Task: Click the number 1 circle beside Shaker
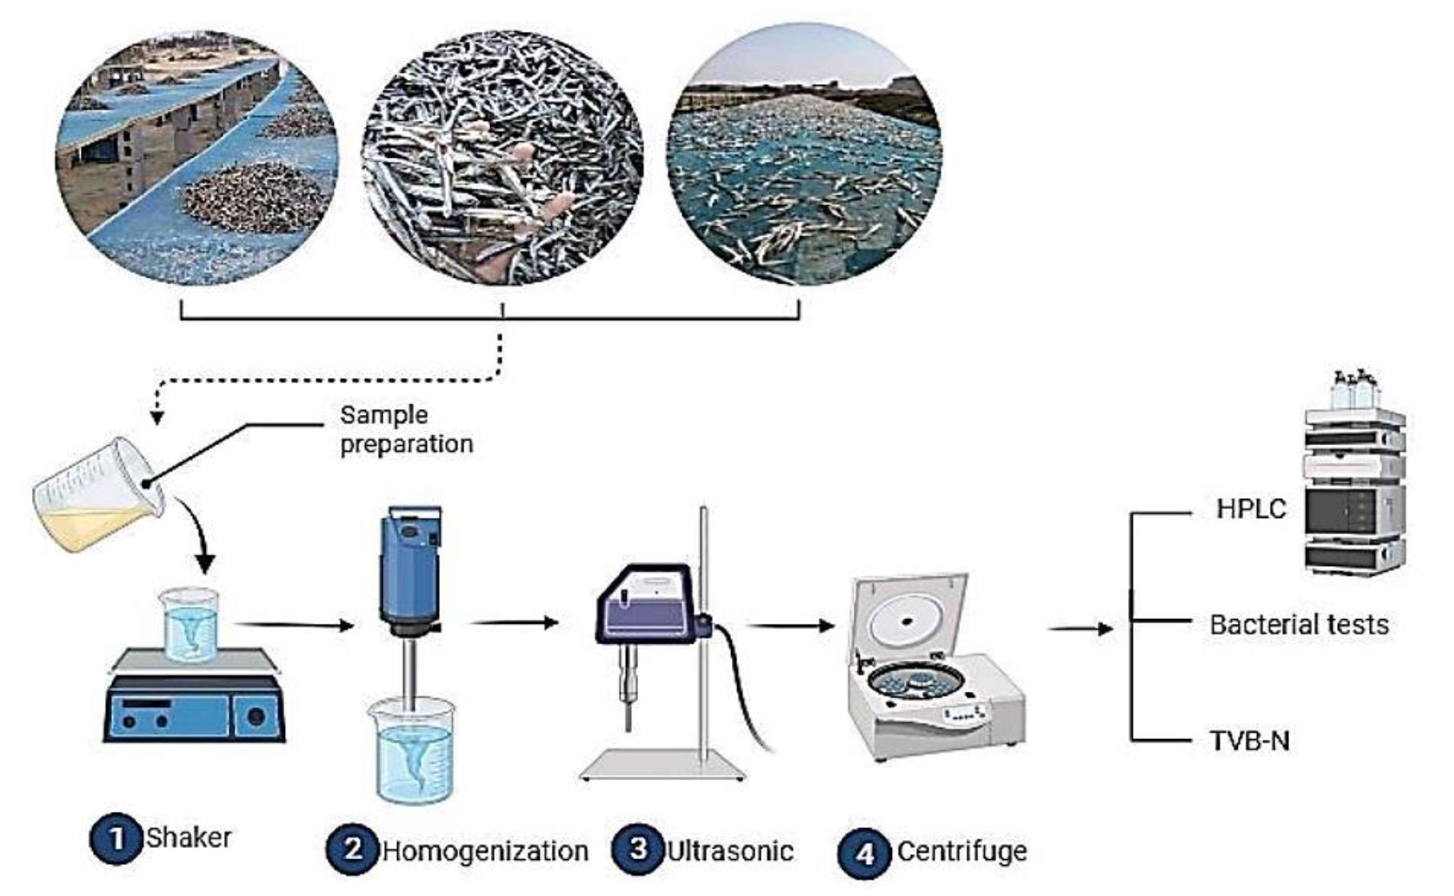(117, 839)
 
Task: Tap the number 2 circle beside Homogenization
(353, 850)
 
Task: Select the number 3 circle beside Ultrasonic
(638, 850)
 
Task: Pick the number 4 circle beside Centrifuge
(866, 853)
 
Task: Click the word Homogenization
(485, 850)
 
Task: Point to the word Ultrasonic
(730, 850)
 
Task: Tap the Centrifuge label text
(962, 850)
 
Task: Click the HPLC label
(1251, 508)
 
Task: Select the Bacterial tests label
(1299, 625)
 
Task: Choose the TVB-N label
(1249, 741)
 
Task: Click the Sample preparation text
(406, 429)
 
